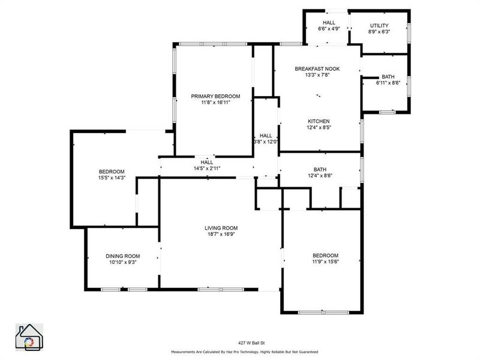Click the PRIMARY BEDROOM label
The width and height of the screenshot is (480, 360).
(215, 96)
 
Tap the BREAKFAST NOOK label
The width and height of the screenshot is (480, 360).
(317, 69)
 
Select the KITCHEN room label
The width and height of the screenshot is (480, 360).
(319, 121)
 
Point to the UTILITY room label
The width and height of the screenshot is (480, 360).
(379, 25)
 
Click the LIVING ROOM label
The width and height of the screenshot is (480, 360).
(221, 228)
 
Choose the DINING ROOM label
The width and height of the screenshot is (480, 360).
(122, 256)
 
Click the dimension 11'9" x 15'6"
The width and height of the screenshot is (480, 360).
(325, 262)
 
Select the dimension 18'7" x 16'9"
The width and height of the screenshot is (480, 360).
(221, 235)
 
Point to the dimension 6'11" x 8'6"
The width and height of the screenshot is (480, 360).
(388, 83)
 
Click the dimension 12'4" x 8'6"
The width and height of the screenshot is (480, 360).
(319, 176)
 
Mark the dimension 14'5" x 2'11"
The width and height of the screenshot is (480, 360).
(207, 169)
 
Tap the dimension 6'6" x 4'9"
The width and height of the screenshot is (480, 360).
(328, 28)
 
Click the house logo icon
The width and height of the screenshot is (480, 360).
(29, 337)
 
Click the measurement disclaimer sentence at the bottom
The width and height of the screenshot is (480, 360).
(244, 352)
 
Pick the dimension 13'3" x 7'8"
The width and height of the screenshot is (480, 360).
(317, 76)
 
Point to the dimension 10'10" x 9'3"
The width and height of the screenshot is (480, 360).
(122, 262)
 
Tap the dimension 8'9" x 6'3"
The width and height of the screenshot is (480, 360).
(379, 31)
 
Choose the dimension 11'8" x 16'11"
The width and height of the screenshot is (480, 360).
(216, 103)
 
